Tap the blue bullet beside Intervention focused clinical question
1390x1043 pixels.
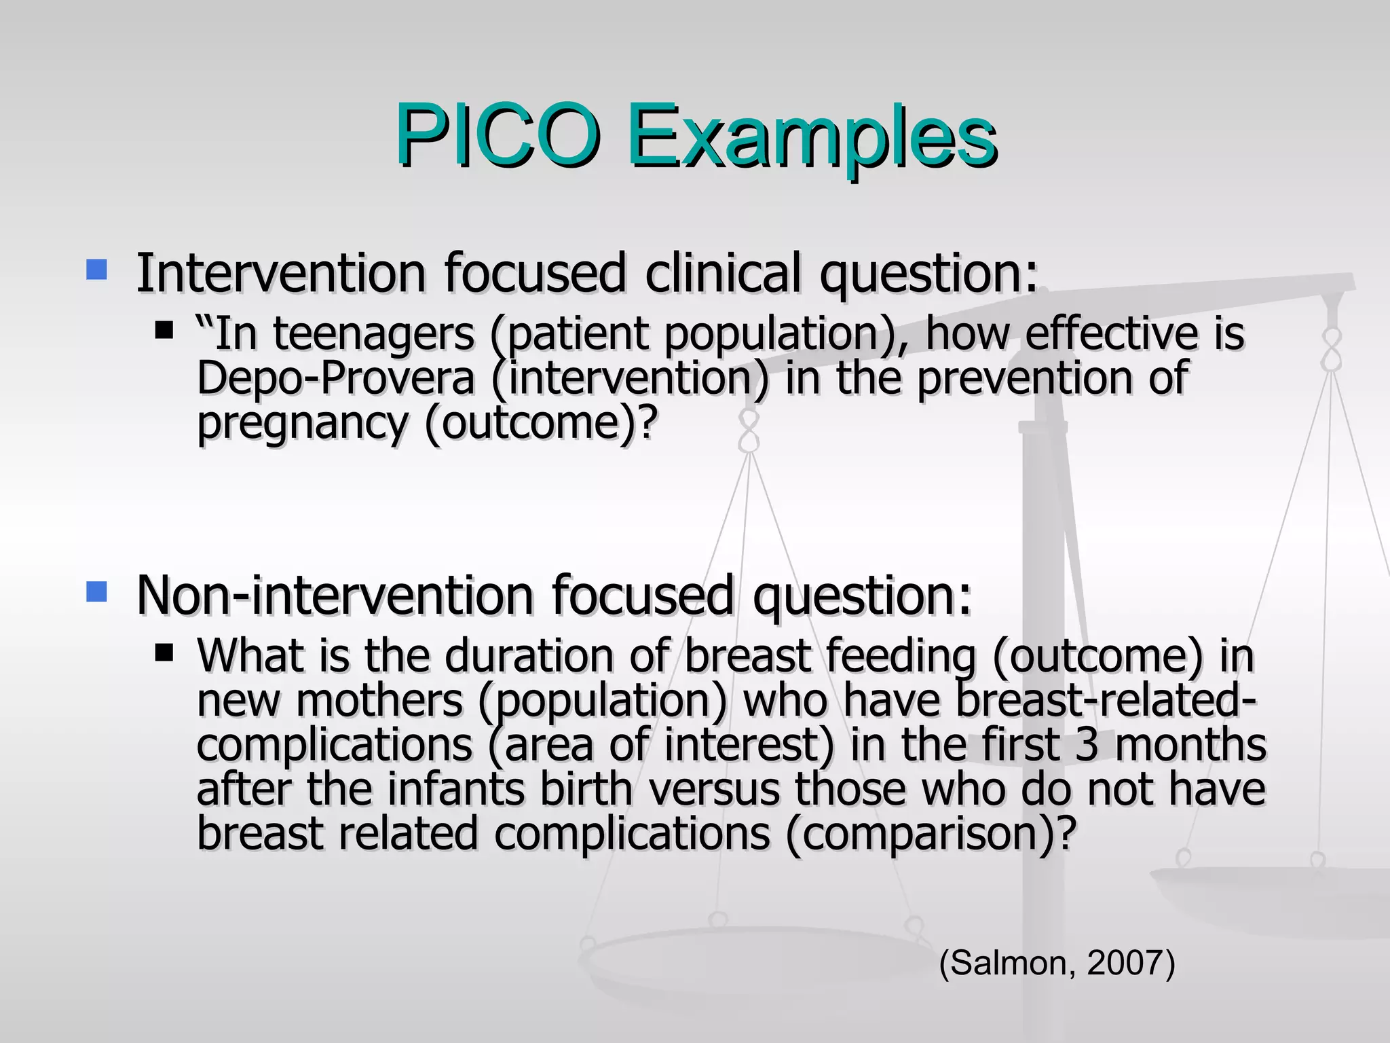click(x=97, y=270)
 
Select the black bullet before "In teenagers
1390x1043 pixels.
click(x=164, y=331)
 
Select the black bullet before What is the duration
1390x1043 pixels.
click(x=164, y=653)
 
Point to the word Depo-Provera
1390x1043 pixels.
click(x=335, y=378)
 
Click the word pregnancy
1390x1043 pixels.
click(x=303, y=423)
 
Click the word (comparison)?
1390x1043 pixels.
click(x=931, y=834)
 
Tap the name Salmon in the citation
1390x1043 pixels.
click(x=1011, y=963)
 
